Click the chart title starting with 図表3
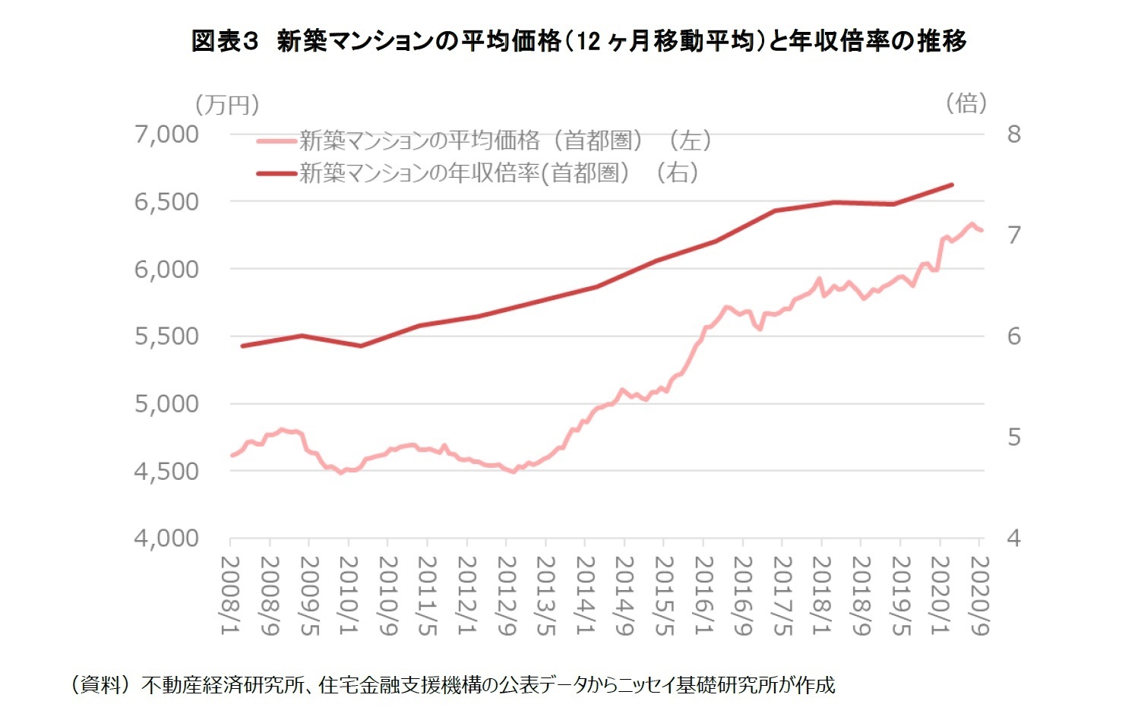[x=579, y=40]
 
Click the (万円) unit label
[x=227, y=104]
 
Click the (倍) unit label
[x=966, y=103]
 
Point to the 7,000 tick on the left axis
[x=167, y=134]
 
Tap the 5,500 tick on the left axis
[x=167, y=336]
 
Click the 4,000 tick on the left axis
[x=167, y=538]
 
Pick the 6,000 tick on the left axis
[x=167, y=269]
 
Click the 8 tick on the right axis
[x=1014, y=134]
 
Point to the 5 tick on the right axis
[x=1014, y=437]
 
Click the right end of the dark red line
[x=952, y=185]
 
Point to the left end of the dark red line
[x=242, y=346]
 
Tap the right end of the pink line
[x=981, y=230]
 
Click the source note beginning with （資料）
[x=454, y=685]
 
